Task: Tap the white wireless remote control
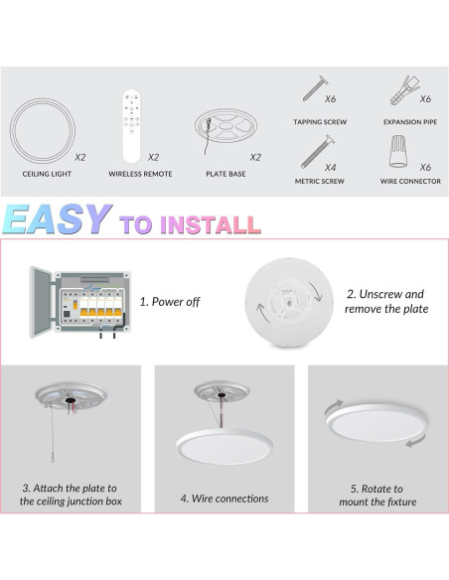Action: [x=131, y=125]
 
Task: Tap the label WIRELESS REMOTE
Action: [x=140, y=173]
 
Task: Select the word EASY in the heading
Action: [x=57, y=219]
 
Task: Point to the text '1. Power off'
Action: [x=169, y=301]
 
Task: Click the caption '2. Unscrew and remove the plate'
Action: [x=384, y=301]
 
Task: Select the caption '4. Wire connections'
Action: [x=224, y=498]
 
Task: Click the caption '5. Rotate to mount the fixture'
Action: [x=376, y=496]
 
